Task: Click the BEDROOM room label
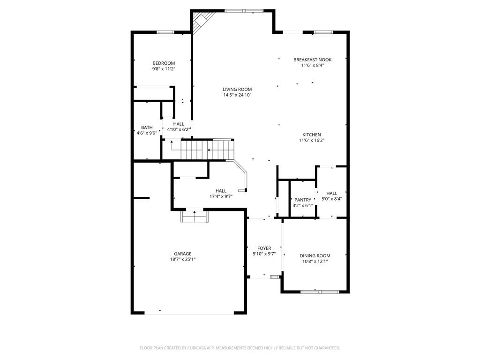click(164, 63)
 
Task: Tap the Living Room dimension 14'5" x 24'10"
click(237, 95)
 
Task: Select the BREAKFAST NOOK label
click(312, 60)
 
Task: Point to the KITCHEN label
click(311, 135)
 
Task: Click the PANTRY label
click(302, 200)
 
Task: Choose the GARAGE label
click(182, 254)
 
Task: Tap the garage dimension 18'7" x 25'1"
click(182, 259)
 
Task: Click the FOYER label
click(264, 248)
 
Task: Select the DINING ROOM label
click(315, 255)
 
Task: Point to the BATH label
click(147, 127)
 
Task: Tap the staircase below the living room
click(206, 150)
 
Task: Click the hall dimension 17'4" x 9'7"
click(221, 196)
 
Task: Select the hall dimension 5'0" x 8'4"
click(331, 199)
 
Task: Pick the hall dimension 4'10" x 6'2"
click(178, 129)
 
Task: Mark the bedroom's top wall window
click(165, 32)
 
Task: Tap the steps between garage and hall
click(194, 217)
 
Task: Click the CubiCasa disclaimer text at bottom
click(240, 348)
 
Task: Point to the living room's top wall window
click(244, 11)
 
